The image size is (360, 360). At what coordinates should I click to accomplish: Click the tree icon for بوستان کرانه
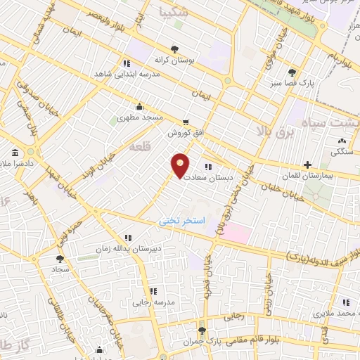click(174, 49)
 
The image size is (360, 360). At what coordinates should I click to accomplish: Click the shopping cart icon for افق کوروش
click(186, 121)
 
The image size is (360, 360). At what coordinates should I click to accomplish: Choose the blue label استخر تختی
click(182, 221)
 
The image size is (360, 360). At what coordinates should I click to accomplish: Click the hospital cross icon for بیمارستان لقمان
click(307, 165)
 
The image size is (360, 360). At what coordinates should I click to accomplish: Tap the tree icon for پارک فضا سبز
click(292, 72)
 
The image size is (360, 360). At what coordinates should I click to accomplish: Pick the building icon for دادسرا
click(15, 153)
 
